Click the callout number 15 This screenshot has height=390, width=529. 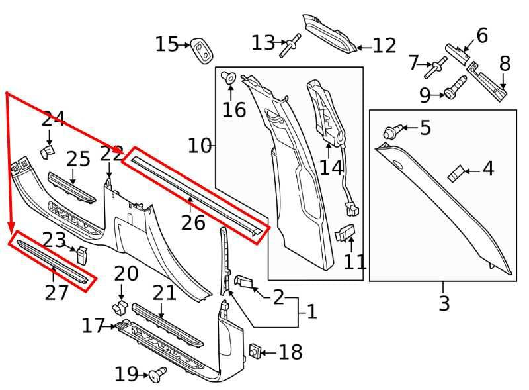click(x=167, y=44)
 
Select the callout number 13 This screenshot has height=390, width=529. click(x=263, y=43)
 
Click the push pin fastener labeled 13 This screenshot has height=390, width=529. click(x=289, y=46)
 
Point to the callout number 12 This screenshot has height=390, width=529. click(x=384, y=46)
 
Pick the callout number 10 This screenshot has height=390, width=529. click(x=199, y=145)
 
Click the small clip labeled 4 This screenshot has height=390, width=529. click(x=455, y=174)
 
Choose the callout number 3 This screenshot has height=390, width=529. click(x=444, y=303)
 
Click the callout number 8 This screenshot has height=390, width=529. click(x=505, y=64)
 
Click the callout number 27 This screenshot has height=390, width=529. click(x=56, y=291)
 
